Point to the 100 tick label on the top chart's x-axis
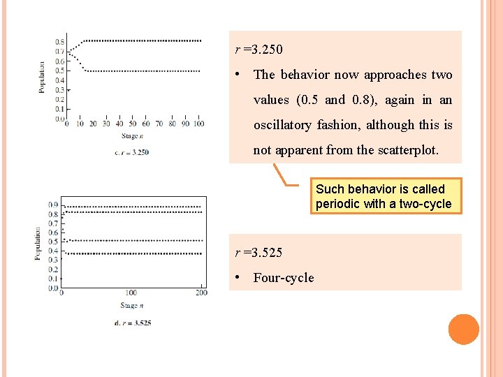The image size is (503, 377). click(x=198, y=124)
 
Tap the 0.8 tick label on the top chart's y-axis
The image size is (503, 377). click(x=60, y=42)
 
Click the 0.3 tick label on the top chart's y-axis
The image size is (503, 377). click(x=60, y=90)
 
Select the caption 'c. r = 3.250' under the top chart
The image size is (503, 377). click(x=131, y=151)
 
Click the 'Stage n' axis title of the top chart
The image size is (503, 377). click(x=132, y=136)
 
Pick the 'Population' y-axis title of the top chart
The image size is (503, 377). click(x=42, y=76)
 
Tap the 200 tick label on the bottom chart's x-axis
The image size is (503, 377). click(x=202, y=293)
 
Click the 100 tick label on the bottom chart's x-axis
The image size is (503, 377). click(x=131, y=293)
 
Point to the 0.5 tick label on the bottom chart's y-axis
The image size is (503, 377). click(x=54, y=242)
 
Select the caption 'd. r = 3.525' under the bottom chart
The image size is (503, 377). click(x=132, y=323)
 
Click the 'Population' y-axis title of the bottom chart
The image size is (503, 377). click(x=37, y=243)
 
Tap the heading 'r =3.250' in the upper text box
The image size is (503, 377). click(x=258, y=50)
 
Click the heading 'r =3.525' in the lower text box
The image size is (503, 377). click(x=258, y=252)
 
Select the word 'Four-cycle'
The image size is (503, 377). click(x=284, y=278)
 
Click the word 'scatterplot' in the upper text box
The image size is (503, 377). click(x=407, y=150)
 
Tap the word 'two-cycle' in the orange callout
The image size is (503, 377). click(x=425, y=204)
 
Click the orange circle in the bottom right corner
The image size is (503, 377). click(x=464, y=330)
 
